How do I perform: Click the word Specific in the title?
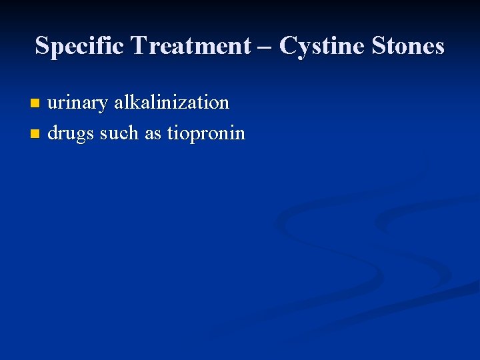pyautogui.click(x=80, y=46)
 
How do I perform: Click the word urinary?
pyautogui.click(x=77, y=103)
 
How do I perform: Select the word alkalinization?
pyautogui.click(x=171, y=103)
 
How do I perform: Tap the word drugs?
pyautogui.click(x=71, y=134)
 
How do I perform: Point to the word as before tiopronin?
pyautogui.click(x=153, y=134)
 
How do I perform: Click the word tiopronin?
pyautogui.click(x=206, y=134)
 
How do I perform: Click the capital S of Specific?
pyautogui.click(x=42, y=46)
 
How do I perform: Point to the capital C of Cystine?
pyautogui.click(x=288, y=46)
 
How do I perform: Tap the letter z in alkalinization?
pyautogui.click(x=183, y=103)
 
